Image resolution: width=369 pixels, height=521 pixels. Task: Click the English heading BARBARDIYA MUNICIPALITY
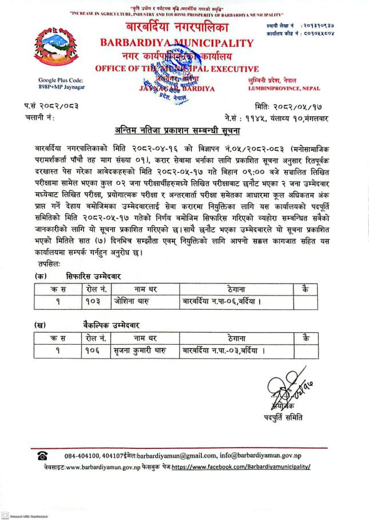coord(176,43)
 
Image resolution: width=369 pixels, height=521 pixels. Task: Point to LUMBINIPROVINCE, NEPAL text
coord(284,89)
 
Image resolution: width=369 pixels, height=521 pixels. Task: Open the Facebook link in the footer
coord(241,467)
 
